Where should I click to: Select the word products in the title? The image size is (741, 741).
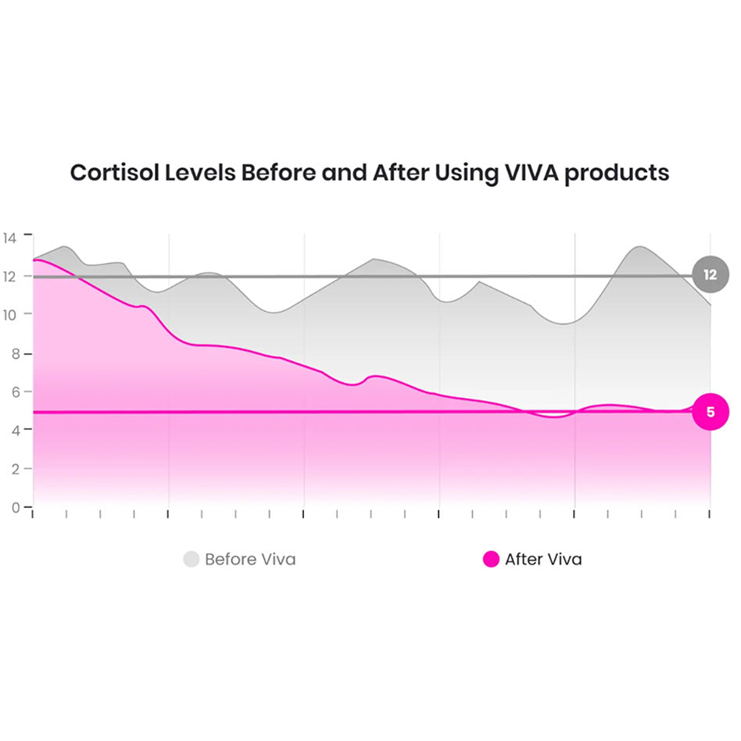tap(617, 174)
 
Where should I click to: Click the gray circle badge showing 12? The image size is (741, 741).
tap(710, 275)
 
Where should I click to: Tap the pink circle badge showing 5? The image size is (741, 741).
tap(710, 412)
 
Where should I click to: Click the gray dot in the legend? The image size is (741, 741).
tap(192, 559)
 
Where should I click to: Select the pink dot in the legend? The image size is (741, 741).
tap(491, 559)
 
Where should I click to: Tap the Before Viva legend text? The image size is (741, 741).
tap(250, 560)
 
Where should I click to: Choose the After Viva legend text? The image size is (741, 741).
tap(543, 560)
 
